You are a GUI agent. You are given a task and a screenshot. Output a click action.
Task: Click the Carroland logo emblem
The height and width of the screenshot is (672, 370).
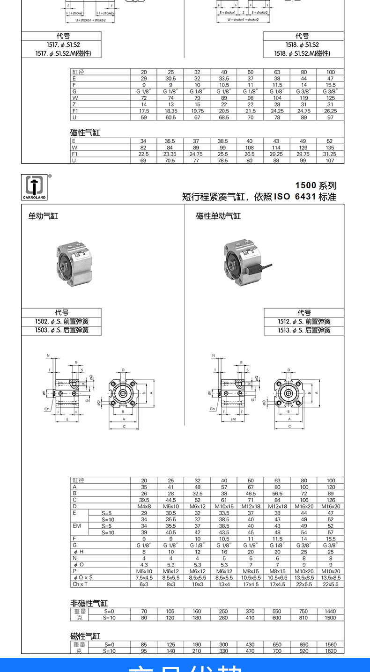(x=34, y=185)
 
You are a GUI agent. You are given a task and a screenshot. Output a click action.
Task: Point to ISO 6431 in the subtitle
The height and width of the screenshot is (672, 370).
(x=295, y=197)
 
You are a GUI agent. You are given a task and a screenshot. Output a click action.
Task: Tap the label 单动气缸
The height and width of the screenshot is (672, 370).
(x=43, y=216)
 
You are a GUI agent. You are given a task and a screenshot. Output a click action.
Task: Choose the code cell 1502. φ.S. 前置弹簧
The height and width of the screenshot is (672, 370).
(x=61, y=322)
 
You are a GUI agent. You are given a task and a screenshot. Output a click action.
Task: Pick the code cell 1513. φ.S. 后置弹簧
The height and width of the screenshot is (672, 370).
(x=304, y=330)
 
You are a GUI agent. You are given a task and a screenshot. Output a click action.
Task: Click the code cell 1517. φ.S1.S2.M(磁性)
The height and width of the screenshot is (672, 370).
(x=61, y=53)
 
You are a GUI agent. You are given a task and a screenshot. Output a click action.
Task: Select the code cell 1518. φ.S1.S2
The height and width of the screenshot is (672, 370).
(x=302, y=44)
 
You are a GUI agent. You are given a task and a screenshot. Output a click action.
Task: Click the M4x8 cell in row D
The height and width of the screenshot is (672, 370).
(x=144, y=506)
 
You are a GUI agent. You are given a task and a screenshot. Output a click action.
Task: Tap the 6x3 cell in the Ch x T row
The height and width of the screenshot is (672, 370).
(x=144, y=584)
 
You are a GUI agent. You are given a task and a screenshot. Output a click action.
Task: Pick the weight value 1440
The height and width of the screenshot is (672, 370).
(x=330, y=611)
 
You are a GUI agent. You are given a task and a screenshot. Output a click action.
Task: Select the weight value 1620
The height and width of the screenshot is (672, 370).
(x=330, y=651)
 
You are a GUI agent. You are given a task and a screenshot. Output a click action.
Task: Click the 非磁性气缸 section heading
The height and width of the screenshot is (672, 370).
(x=89, y=603)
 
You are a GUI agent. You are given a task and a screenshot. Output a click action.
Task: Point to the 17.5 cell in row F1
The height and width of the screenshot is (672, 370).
(x=144, y=111)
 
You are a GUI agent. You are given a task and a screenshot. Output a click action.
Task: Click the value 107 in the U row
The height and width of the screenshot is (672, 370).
(x=330, y=161)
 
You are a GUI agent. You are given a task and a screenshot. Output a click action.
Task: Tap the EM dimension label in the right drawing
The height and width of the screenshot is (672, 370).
(x=233, y=420)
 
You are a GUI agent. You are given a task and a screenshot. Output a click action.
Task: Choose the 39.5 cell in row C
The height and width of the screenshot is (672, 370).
(x=144, y=500)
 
